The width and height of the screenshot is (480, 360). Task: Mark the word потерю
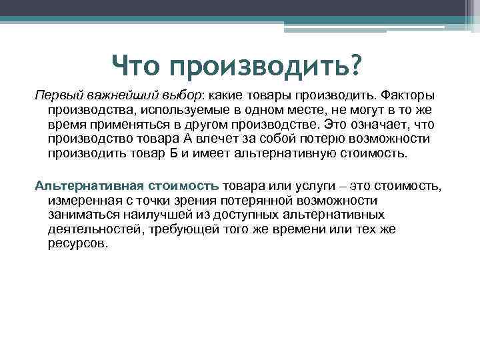point(318,139)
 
